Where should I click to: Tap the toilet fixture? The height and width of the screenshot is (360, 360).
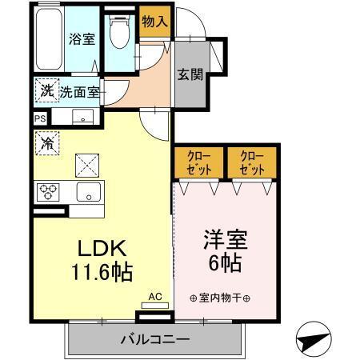(x=119, y=34)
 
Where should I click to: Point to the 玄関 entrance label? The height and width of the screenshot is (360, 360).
(x=189, y=75)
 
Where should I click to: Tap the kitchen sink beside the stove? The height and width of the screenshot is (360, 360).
(x=88, y=192)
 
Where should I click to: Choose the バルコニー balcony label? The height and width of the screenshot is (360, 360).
(x=154, y=339)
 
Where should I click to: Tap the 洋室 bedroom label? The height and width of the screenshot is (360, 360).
(x=224, y=239)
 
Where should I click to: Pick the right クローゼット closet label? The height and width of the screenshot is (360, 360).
(x=250, y=162)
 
